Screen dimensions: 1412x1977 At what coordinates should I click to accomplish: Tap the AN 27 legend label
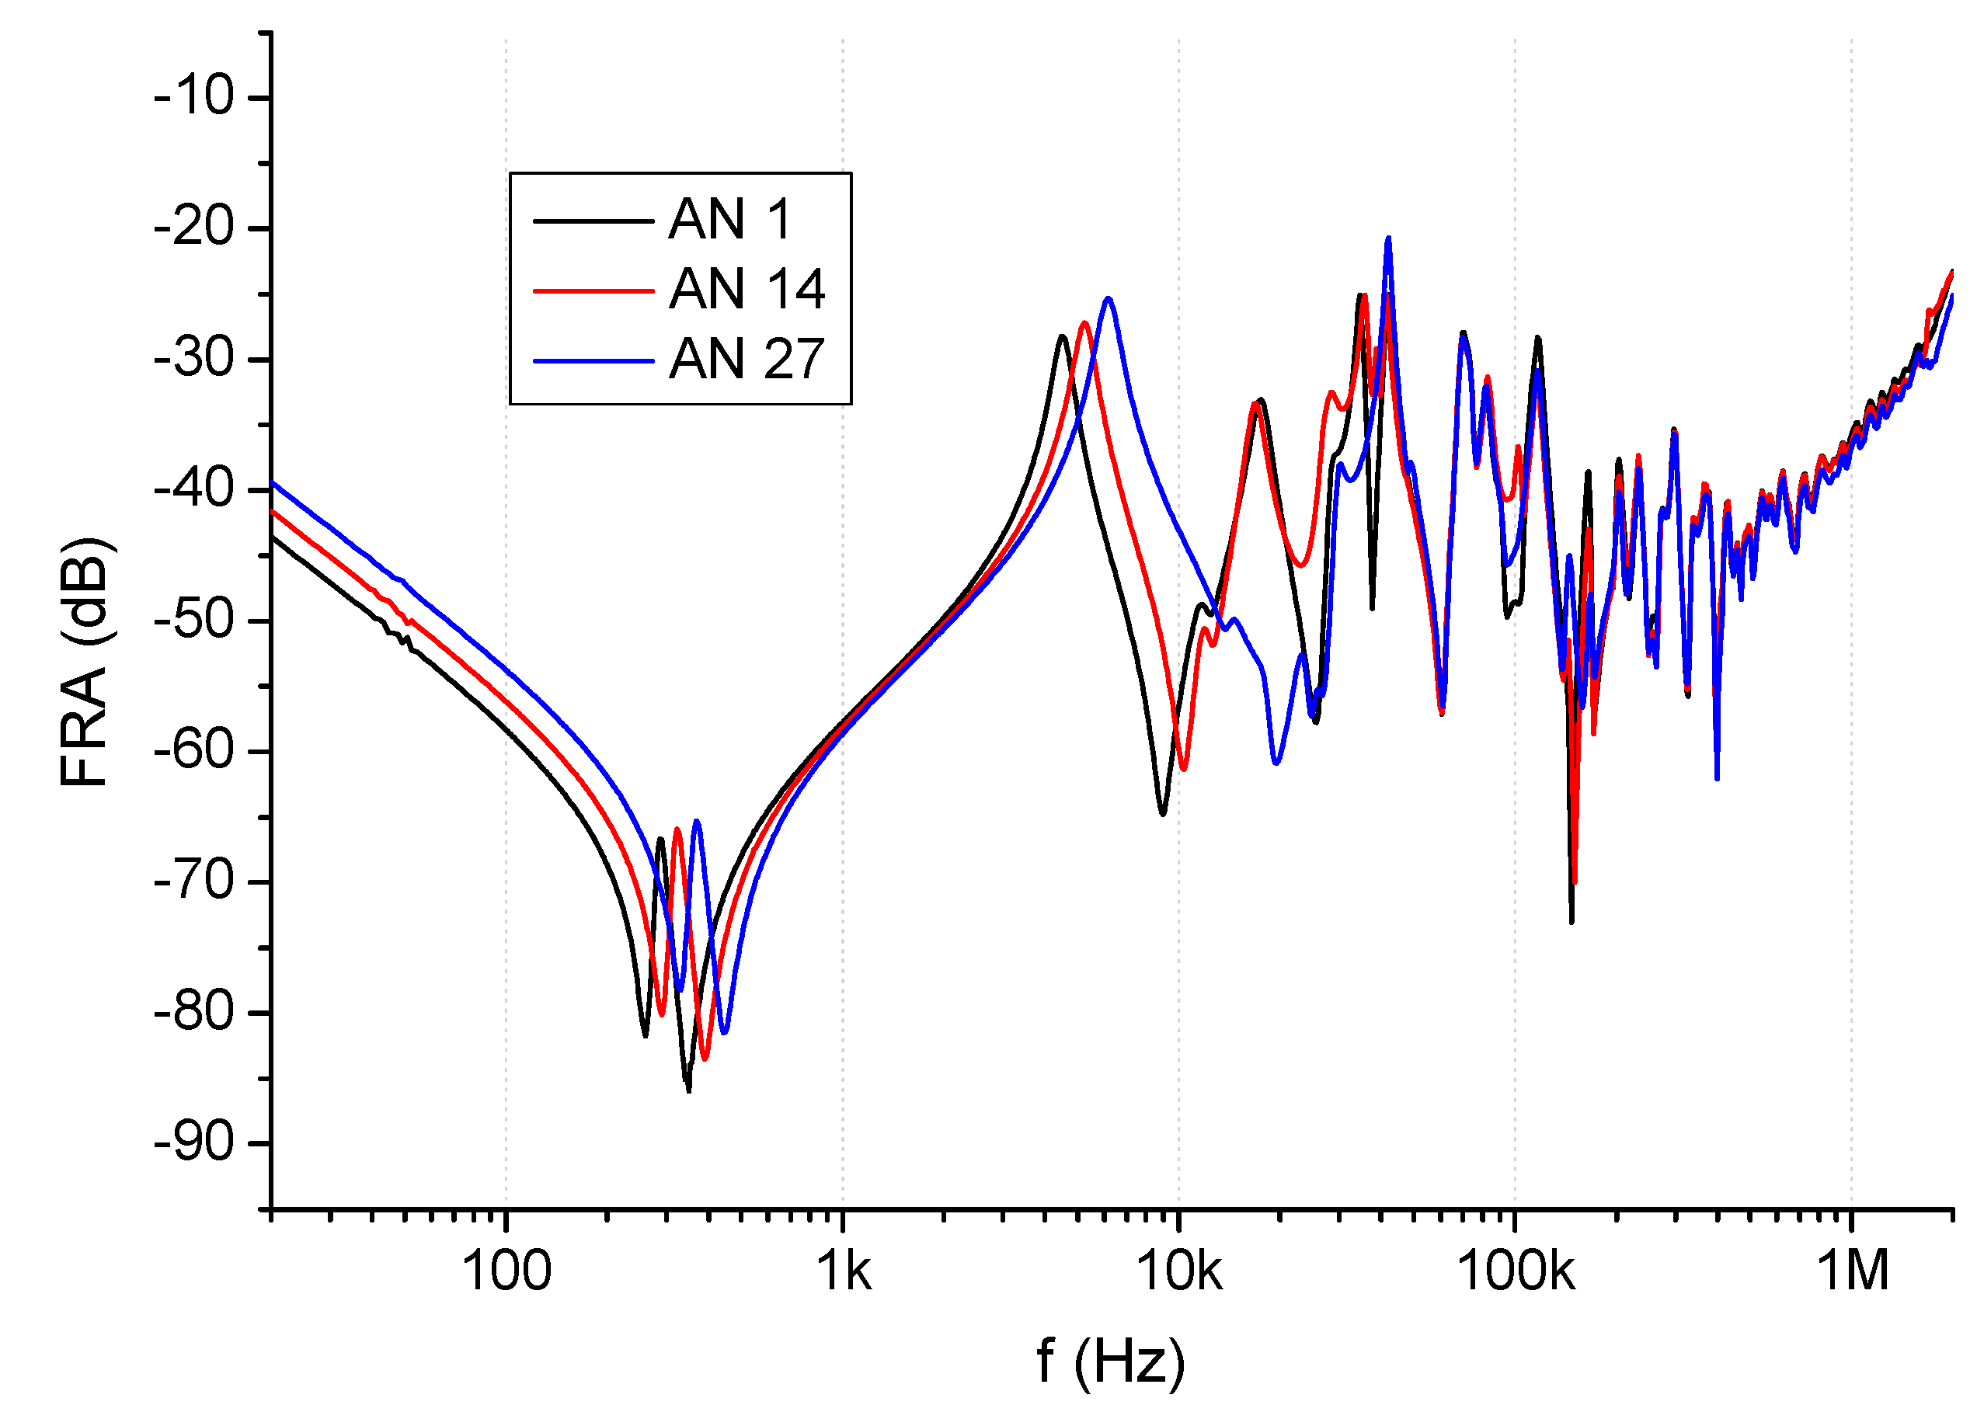pos(746,358)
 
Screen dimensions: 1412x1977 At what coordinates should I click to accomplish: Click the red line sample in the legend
pos(593,290)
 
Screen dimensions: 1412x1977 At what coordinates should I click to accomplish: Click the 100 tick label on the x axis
pos(506,1271)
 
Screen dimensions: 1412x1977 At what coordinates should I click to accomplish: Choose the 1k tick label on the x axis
pos(842,1271)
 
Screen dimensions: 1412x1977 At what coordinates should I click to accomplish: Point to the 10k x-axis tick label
pos(1179,1271)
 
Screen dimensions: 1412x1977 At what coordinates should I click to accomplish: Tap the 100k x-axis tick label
pos(1516,1271)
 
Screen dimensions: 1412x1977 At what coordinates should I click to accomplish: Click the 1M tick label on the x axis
pos(1853,1271)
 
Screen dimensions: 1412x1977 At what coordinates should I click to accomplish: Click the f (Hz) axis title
pos(1110,1361)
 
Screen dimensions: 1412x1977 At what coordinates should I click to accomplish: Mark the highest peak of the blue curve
pos(1388,238)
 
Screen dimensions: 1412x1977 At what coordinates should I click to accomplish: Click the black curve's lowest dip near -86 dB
pos(688,1090)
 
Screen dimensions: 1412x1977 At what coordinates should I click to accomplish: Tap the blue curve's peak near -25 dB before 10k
pos(1109,298)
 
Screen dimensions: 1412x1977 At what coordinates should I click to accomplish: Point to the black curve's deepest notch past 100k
pos(1572,922)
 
